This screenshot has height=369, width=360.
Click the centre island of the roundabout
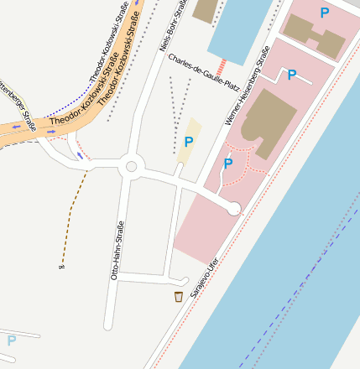[130, 167]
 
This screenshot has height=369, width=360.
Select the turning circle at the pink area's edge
[234, 208]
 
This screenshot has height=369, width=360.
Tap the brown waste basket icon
[178, 296]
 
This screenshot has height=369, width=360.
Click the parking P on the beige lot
[189, 142]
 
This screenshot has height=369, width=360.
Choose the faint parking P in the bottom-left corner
[11, 340]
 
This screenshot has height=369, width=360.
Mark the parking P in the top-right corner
[324, 13]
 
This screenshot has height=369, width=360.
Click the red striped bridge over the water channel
[221, 67]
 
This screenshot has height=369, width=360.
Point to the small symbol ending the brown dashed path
[60, 266]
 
